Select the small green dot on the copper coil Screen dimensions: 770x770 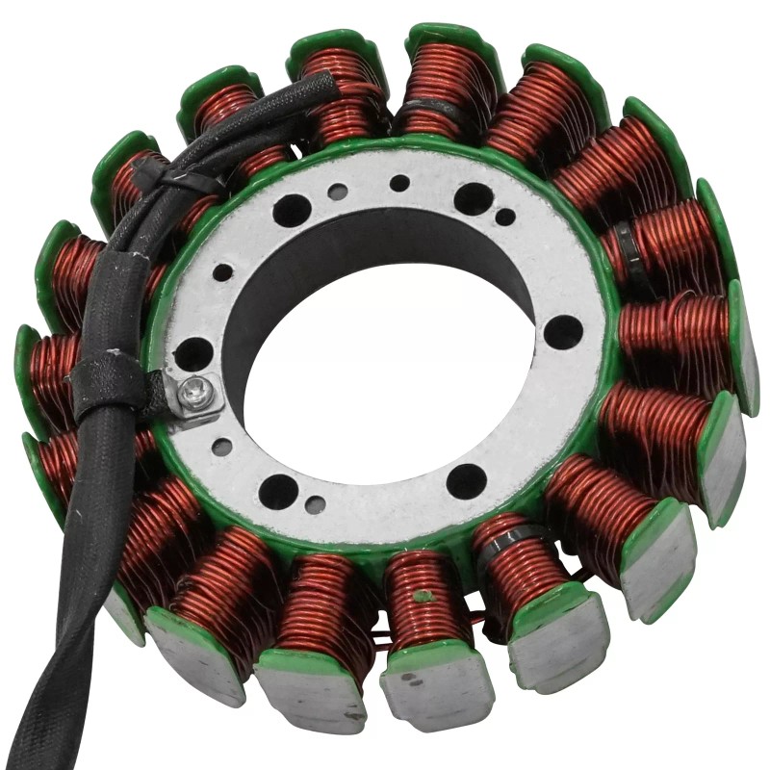coord(420,597)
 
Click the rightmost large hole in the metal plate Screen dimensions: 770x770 coord(563,332)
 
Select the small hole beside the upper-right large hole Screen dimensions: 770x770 coord(504,218)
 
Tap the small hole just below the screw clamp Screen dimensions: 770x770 coord(221,447)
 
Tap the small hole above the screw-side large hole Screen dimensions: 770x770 coord(222,273)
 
